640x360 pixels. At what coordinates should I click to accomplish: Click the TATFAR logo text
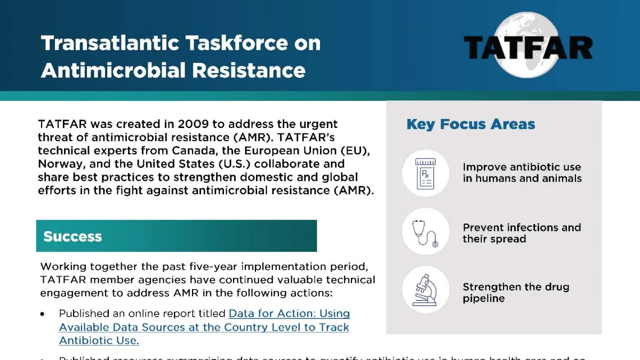(x=527, y=47)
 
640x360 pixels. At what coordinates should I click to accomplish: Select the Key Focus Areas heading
(x=470, y=125)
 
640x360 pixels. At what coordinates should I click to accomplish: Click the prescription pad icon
(x=425, y=173)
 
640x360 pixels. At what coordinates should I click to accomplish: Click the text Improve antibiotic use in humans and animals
(x=522, y=173)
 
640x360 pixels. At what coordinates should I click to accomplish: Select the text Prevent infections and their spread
(x=522, y=233)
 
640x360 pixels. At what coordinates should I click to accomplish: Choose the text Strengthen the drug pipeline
(x=516, y=292)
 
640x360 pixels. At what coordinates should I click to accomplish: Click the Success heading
(x=73, y=236)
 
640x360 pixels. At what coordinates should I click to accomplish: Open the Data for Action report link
(x=204, y=327)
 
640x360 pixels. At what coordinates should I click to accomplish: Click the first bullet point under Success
(x=43, y=314)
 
